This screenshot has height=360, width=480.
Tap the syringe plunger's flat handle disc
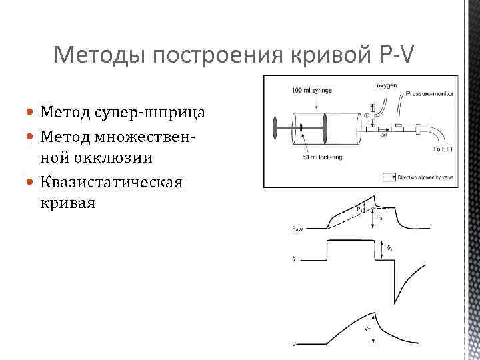pyautogui.click(x=275, y=128)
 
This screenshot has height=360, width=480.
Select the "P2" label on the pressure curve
pyautogui.click(x=379, y=217)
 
